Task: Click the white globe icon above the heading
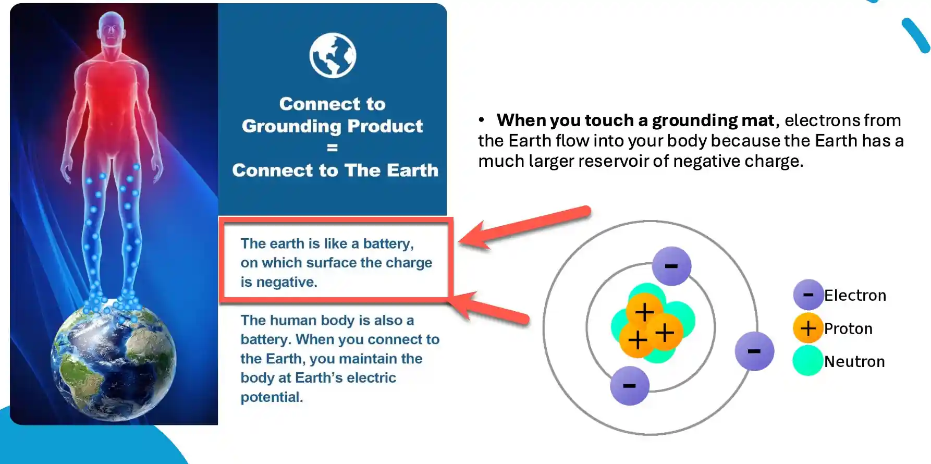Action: (x=333, y=55)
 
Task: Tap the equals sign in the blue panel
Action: (x=333, y=148)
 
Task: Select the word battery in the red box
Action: (x=388, y=244)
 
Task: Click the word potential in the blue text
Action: (x=272, y=397)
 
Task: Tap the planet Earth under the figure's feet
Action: (x=113, y=362)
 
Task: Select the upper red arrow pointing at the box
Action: (x=524, y=227)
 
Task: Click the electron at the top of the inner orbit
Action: (x=671, y=266)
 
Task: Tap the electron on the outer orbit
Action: (x=754, y=351)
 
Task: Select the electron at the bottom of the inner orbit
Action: (x=630, y=386)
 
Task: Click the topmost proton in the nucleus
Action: (x=644, y=311)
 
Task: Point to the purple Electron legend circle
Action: (x=808, y=295)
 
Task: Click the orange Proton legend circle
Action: (x=808, y=328)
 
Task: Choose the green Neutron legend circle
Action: (x=808, y=361)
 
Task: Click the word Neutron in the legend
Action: (x=854, y=361)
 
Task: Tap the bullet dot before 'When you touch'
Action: (x=482, y=120)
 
